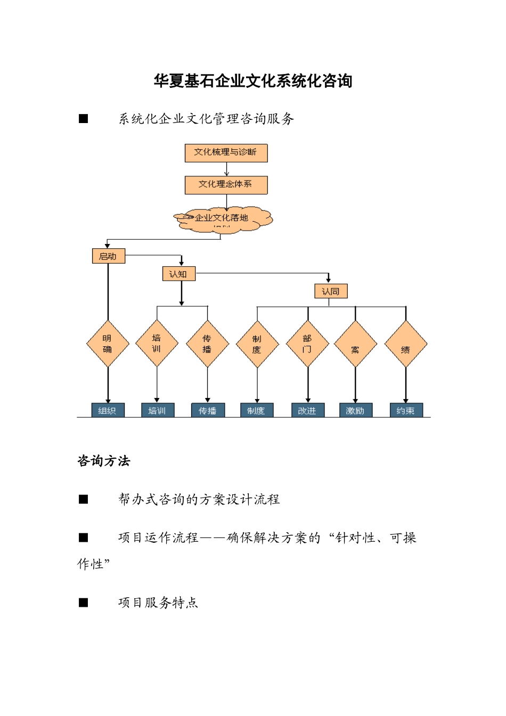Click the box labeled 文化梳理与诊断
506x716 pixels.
[226, 153]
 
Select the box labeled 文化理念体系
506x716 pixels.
[226, 185]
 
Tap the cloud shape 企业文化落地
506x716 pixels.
[223, 218]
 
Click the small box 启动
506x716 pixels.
[108, 256]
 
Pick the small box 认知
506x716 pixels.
[178, 274]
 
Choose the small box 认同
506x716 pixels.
[330, 291]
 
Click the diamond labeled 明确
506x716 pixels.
[108, 344]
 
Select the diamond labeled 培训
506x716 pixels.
[157, 344]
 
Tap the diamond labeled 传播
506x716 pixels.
[207, 344]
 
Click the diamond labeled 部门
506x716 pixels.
[307, 344]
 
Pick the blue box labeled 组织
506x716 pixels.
[108, 411]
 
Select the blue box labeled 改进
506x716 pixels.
[307, 411]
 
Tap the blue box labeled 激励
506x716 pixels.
[355, 411]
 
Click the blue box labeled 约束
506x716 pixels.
[406, 411]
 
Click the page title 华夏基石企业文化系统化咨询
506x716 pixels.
[253, 81]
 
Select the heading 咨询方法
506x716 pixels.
[104, 461]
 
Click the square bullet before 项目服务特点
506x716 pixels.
[84, 603]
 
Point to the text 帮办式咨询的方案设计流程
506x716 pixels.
[199, 500]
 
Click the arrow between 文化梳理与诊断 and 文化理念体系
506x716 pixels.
[226, 169]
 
